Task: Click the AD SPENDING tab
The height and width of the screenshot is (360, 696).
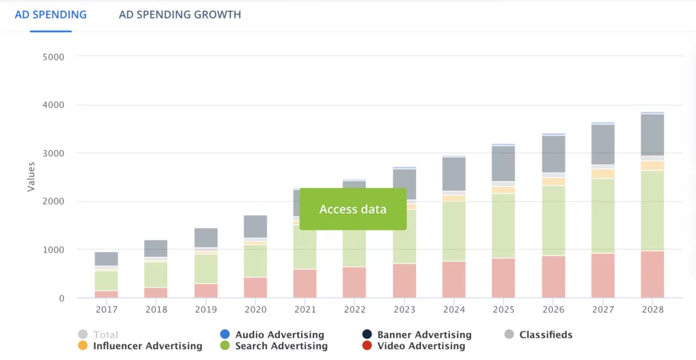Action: click(51, 14)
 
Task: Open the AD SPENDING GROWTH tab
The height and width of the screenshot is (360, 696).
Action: click(179, 14)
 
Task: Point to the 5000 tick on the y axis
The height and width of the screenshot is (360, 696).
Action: click(52, 57)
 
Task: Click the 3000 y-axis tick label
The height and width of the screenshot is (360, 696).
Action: click(52, 154)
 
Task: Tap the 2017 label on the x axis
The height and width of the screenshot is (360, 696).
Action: click(107, 309)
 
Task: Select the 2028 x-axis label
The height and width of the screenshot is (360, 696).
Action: click(652, 309)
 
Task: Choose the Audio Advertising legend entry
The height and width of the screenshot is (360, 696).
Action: click(279, 334)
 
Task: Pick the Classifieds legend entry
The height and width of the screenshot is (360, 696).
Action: click(545, 334)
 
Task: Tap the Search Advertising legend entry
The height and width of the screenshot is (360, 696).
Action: click(281, 346)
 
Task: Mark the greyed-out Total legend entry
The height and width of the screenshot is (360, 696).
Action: click(105, 334)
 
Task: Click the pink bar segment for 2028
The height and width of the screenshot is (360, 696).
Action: click(652, 274)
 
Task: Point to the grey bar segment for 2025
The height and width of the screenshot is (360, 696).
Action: click(504, 164)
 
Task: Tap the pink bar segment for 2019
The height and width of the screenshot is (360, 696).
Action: click(205, 291)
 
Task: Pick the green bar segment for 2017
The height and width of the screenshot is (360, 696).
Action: click(107, 281)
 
